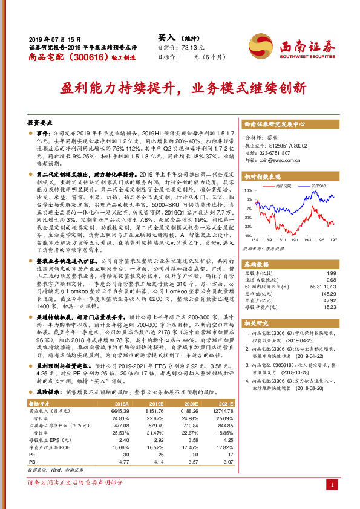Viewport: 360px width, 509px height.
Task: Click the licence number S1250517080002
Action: click(x=289, y=146)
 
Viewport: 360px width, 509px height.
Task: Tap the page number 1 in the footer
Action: click(x=330, y=484)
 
